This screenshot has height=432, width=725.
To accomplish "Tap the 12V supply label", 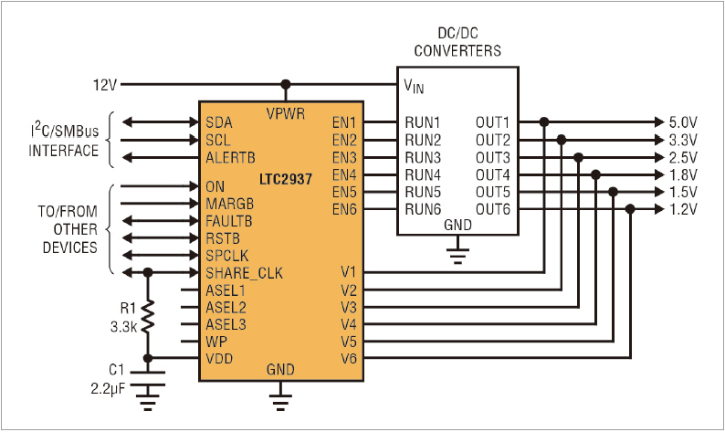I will (x=105, y=85).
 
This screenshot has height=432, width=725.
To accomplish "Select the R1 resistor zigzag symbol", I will (x=149, y=315).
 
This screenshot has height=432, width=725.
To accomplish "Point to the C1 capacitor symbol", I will (x=149, y=374).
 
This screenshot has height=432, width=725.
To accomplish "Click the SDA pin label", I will (x=219, y=122).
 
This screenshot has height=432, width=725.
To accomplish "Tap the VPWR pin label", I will (x=286, y=114).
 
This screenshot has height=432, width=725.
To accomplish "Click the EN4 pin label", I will (x=344, y=174).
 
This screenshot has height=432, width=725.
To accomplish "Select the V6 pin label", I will (x=349, y=358).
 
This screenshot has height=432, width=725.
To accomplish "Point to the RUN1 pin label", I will (x=423, y=122).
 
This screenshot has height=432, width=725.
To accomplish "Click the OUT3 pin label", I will (x=492, y=157).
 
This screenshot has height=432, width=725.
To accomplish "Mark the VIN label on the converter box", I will (x=414, y=86).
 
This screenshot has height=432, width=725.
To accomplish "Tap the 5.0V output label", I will (x=683, y=122).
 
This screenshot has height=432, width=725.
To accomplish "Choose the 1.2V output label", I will (x=683, y=209).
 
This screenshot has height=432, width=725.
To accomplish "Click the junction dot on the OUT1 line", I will (x=544, y=121).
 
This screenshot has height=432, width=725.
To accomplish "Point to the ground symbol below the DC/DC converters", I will (x=457, y=248).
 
